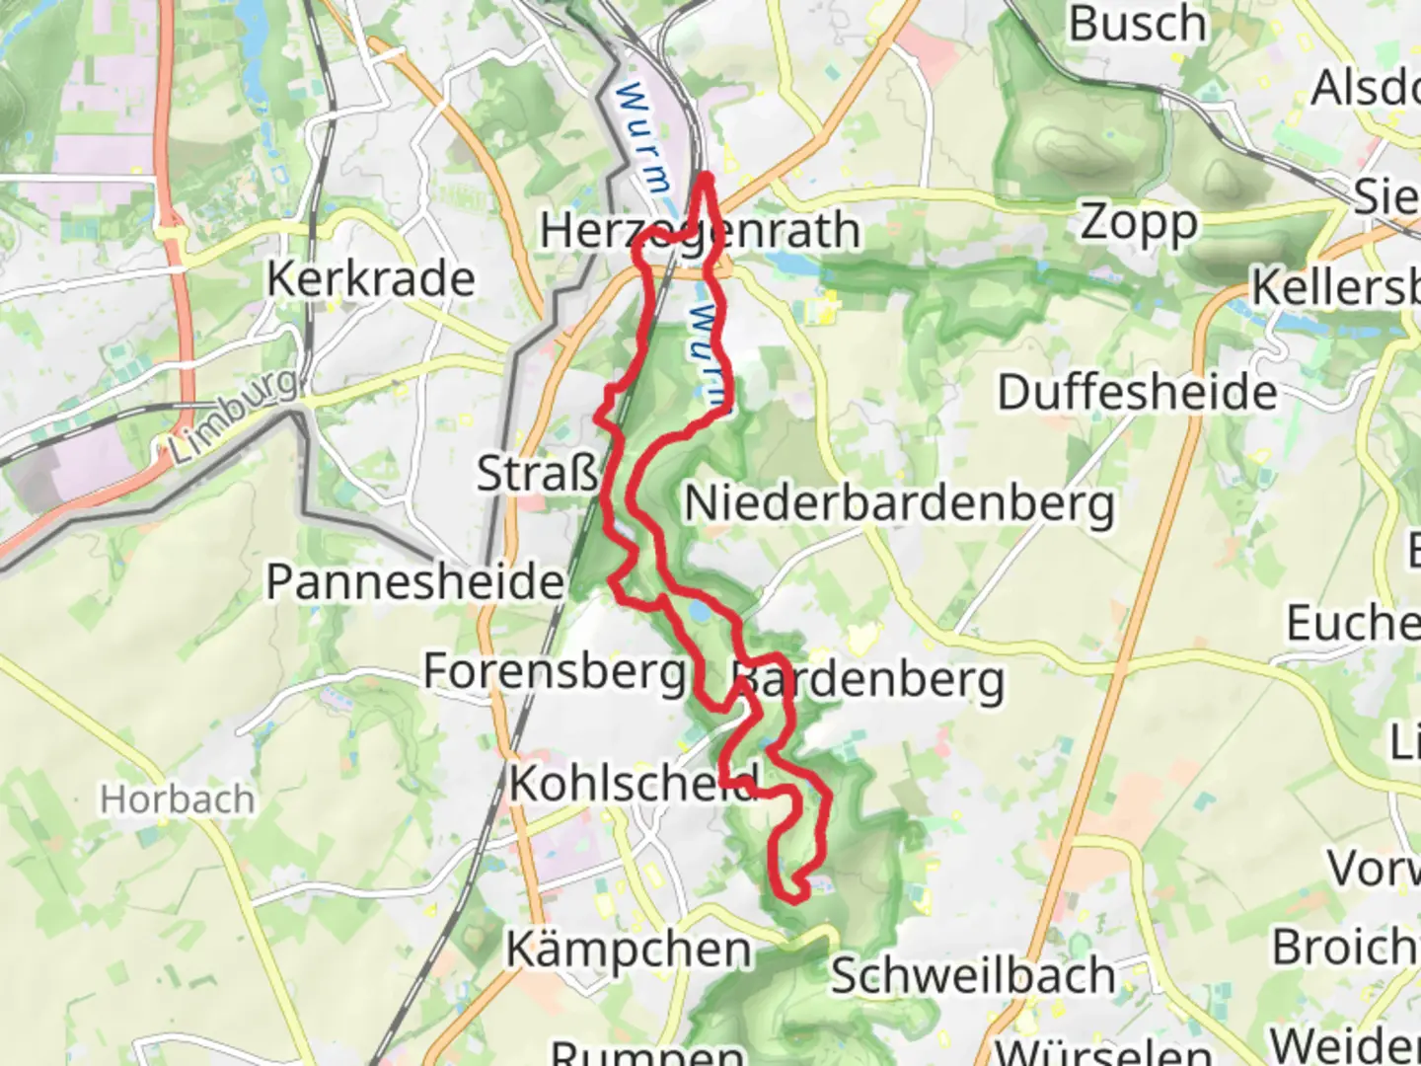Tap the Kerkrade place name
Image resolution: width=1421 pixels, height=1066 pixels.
(x=370, y=279)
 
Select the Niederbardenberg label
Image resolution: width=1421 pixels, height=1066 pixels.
(x=899, y=503)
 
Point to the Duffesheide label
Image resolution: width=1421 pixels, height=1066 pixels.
(x=1137, y=393)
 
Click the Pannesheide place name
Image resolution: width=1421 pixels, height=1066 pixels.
(x=414, y=581)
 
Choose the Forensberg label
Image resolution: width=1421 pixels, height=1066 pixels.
(x=555, y=672)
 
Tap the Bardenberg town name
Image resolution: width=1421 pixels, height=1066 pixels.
(x=868, y=680)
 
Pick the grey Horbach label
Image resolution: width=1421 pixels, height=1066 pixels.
(x=177, y=799)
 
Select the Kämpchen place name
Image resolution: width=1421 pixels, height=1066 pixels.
(x=629, y=950)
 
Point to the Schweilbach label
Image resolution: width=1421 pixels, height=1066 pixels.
(x=973, y=975)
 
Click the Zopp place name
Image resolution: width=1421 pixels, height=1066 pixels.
(x=1139, y=223)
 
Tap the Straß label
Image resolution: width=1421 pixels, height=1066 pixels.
(x=538, y=474)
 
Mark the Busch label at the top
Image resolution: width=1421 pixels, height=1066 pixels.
(x=1138, y=24)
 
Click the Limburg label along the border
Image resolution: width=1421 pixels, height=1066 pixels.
(x=233, y=416)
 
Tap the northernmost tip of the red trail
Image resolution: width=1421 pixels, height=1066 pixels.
(x=706, y=178)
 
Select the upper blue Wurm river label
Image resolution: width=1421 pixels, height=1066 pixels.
(x=642, y=138)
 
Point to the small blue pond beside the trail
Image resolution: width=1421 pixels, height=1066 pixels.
(x=700, y=613)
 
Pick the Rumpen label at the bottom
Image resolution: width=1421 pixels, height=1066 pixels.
(x=647, y=1052)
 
